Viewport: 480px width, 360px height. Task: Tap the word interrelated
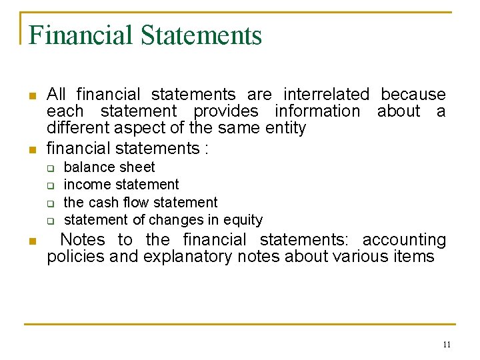coord(326,95)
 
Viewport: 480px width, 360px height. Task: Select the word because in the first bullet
coord(413,95)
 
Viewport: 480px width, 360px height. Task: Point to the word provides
coord(226,111)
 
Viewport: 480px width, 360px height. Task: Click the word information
coord(317,111)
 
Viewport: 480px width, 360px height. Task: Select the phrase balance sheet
coord(109,167)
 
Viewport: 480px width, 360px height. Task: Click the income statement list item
coord(121,185)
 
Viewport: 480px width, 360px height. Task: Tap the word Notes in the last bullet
coord(83,240)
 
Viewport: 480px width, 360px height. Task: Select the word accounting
coord(404,240)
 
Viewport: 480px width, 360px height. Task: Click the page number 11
coord(447,345)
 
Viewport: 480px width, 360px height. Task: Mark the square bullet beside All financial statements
coord(31,96)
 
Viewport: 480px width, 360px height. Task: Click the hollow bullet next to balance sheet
coord(49,168)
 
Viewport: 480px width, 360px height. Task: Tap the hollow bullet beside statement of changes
coord(49,221)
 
